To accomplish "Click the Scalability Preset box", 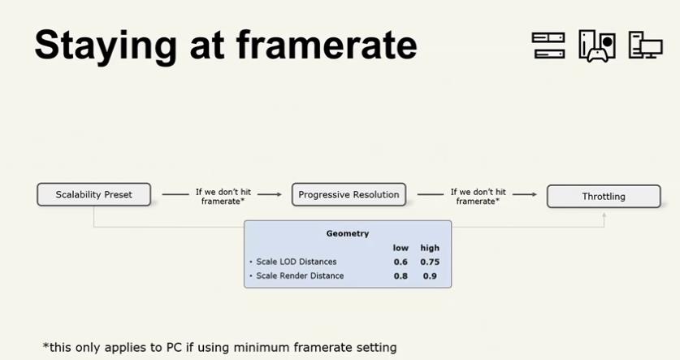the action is click(94, 194).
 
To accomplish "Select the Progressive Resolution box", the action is click(349, 194).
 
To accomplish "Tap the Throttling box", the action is click(604, 197).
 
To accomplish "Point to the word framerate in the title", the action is click(327, 45).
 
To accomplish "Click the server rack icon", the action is click(548, 46).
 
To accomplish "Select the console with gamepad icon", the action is click(597, 46).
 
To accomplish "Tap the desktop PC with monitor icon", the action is click(646, 45).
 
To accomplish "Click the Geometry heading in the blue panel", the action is click(348, 233).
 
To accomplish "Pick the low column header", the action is click(401, 248).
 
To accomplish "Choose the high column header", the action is click(430, 248).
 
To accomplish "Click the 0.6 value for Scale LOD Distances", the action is click(401, 262).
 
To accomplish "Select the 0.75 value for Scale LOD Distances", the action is click(430, 262).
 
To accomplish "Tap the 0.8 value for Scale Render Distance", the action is click(401, 275).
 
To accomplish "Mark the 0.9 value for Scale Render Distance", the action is click(430, 275).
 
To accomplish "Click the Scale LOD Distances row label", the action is click(297, 262).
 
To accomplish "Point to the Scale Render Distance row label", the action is click(300, 275).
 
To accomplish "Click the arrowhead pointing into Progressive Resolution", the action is click(279, 194).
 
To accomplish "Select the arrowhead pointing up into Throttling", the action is click(604, 215).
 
